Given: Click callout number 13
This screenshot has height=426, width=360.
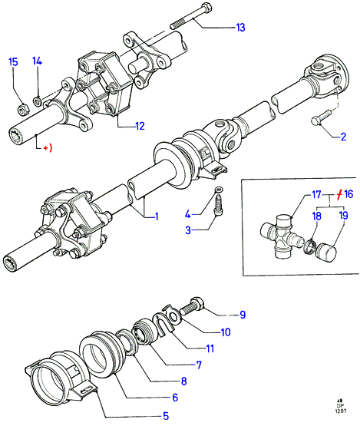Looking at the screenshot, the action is click(x=240, y=28).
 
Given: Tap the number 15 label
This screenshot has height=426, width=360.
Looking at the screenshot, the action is click(x=13, y=62).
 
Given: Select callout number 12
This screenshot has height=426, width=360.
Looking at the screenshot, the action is click(x=140, y=126).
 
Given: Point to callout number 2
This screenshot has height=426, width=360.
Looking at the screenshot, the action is click(x=343, y=137).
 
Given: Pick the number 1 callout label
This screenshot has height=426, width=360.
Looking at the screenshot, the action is click(x=157, y=216).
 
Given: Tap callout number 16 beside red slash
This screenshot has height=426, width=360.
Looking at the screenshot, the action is click(x=348, y=194).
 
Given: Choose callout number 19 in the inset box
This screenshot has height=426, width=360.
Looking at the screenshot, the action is click(x=344, y=216).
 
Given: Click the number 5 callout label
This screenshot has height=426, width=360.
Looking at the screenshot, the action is click(x=166, y=416).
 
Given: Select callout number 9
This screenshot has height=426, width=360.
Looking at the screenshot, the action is click(x=243, y=315).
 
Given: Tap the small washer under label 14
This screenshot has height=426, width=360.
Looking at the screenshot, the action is click(x=37, y=101).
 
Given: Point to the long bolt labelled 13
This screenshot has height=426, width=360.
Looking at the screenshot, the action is click(x=191, y=16).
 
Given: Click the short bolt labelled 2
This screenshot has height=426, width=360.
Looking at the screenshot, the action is click(x=321, y=117).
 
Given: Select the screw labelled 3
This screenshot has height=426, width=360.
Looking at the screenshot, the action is click(x=219, y=206).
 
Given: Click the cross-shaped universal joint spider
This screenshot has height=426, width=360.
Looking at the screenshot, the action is click(x=282, y=236).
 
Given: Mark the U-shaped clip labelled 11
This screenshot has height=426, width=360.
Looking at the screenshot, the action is click(x=163, y=324).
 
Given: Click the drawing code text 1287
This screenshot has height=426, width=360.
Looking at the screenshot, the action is click(x=341, y=411).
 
